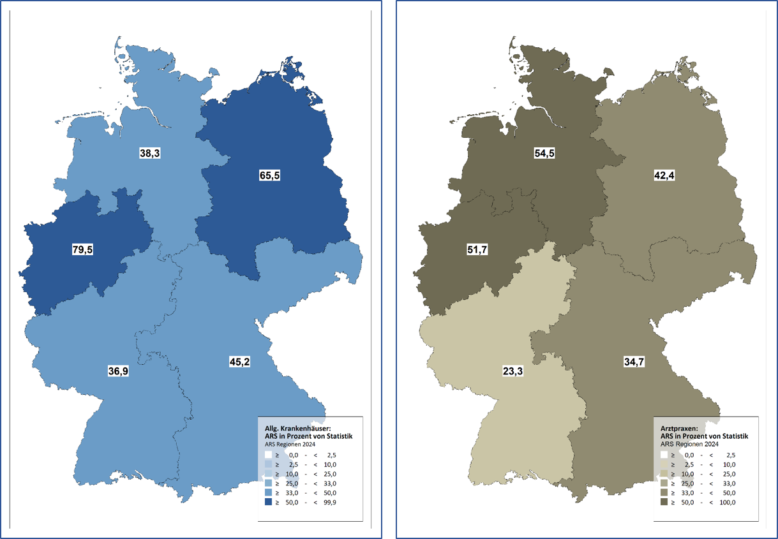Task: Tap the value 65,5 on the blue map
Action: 269,175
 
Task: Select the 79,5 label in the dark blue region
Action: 82,250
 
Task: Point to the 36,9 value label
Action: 117,371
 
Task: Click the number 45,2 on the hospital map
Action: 239,362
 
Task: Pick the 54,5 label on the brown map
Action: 544,153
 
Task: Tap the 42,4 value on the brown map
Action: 664,175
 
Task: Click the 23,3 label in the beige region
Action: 512,371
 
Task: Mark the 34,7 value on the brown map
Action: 634,362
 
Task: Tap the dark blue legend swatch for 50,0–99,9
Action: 268,503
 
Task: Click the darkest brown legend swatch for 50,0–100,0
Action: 664,503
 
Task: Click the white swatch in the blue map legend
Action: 268,455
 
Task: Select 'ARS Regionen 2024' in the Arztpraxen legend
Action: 689,444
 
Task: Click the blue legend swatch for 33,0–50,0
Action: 268,493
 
